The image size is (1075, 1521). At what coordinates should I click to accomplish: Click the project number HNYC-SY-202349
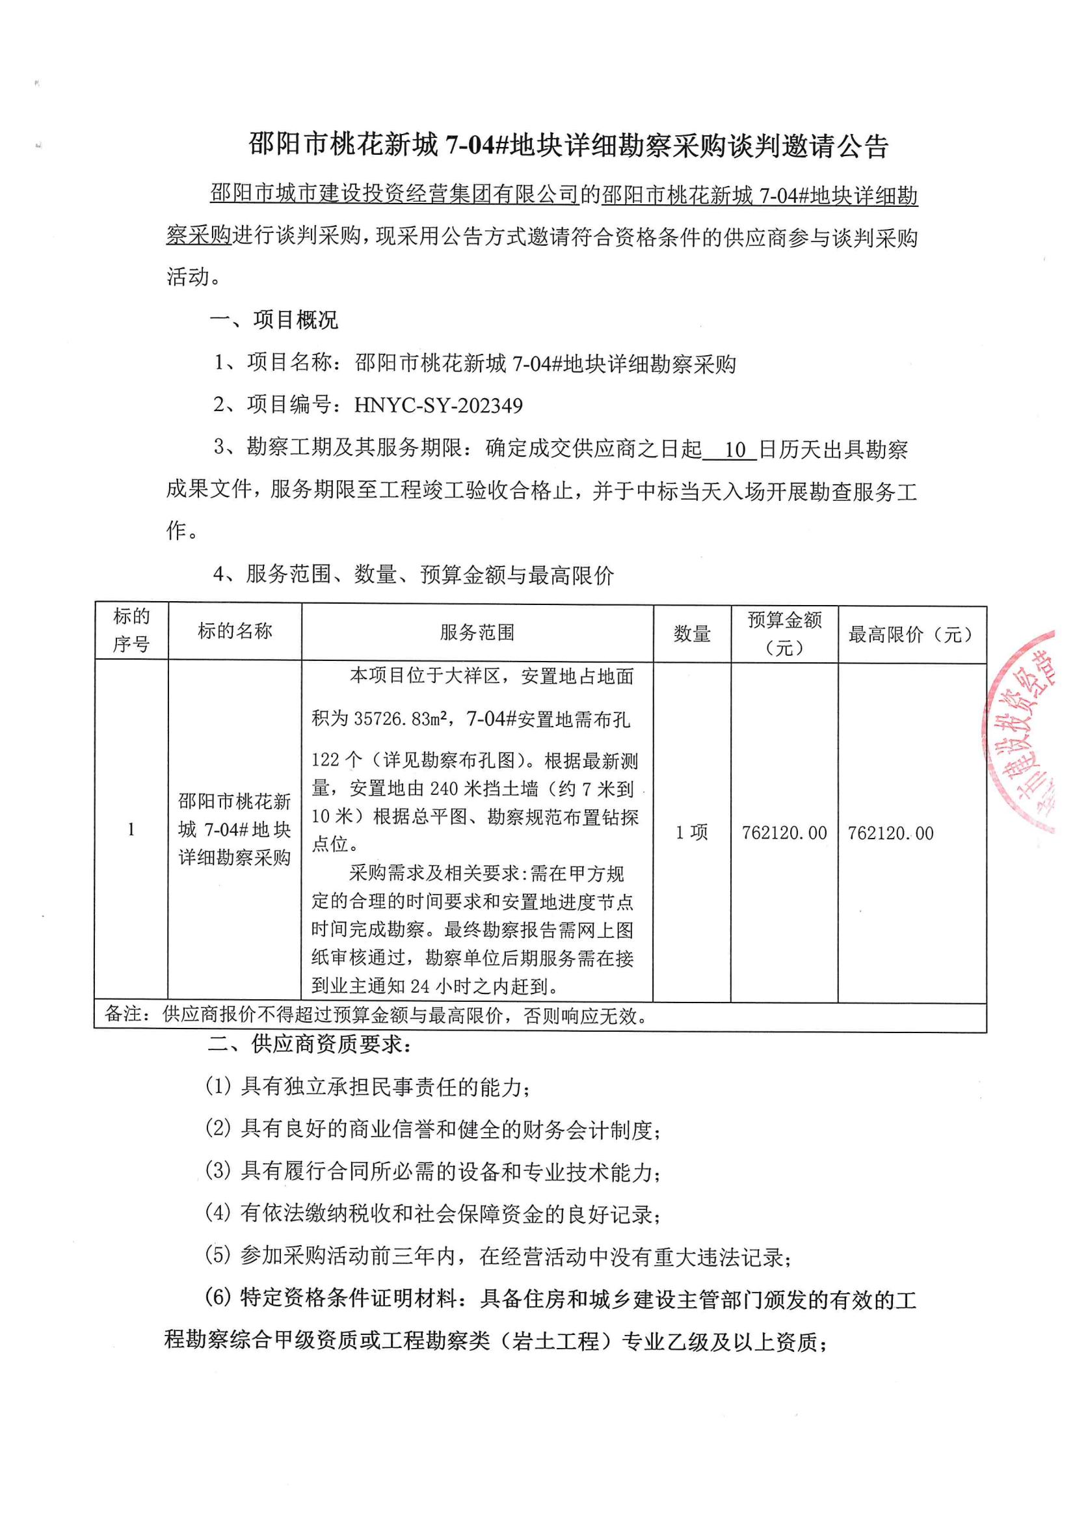pyautogui.click(x=438, y=405)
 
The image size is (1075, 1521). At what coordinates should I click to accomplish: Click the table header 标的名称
pyautogui.click(x=235, y=631)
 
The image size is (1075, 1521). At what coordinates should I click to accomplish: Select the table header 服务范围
pyautogui.click(x=477, y=632)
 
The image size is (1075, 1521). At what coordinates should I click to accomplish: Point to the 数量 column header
pyautogui.click(x=692, y=634)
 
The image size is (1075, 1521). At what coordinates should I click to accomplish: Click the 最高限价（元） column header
pyautogui.click(x=911, y=635)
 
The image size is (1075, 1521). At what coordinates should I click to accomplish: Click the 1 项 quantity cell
pyautogui.click(x=691, y=833)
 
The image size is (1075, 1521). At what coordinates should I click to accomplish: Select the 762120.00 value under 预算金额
pyautogui.click(x=784, y=833)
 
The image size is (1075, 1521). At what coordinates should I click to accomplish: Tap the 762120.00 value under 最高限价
pyautogui.click(x=890, y=833)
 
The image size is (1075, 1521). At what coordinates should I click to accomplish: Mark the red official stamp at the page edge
pyautogui.click(x=1024, y=729)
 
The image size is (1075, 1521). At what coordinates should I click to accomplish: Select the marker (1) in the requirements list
pyautogui.click(x=219, y=1086)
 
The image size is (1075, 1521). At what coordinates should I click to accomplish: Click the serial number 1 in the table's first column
pyautogui.click(x=131, y=829)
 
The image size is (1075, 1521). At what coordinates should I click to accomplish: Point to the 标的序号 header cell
pyautogui.click(x=131, y=630)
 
